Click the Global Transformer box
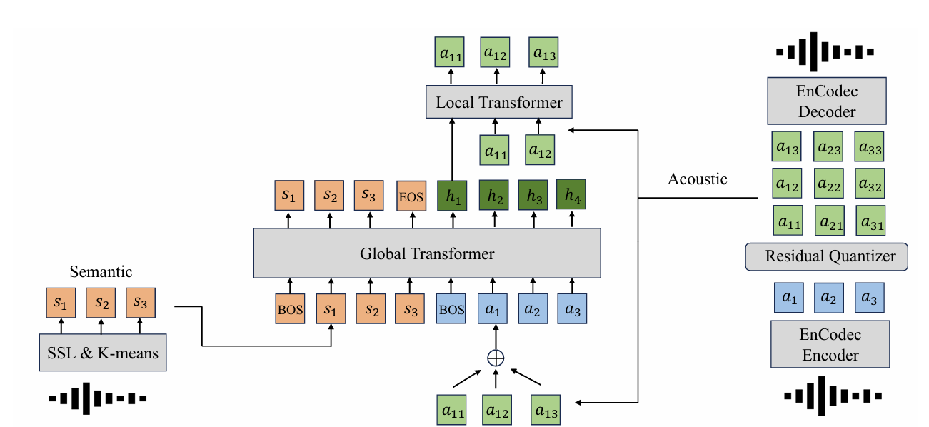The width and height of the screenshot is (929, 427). pos(427,253)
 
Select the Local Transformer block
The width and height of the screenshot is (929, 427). pos(498,102)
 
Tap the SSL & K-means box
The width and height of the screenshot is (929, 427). pos(103,352)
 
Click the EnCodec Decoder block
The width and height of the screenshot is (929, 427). pos(827,101)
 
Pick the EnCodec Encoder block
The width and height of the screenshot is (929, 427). pos(830,344)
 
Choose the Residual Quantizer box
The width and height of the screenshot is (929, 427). pos(825,256)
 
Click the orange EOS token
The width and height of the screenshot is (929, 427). pos(411,196)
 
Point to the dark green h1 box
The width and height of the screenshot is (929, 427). pos(452,195)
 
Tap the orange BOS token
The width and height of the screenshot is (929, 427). pos(290,310)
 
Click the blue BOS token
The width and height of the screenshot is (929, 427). pos(451,310)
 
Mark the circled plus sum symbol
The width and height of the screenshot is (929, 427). pos(495,358)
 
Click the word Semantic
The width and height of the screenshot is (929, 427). pos(101,271)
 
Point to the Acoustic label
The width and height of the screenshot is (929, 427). pos(697,179)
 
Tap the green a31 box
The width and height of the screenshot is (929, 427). pos(870,221)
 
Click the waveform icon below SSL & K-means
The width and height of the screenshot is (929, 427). pos(98,398)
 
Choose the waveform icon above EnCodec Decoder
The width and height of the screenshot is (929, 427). pos(825,52)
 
